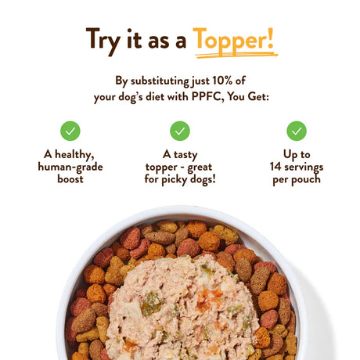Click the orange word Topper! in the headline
pyautogui.click(x=233, y=40)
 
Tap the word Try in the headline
pyautogui.click(x=103, y=41)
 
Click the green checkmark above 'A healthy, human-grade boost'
pyautogui.click(x=70, y=131)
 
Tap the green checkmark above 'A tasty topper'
pyautogui.click(x=180, y=131)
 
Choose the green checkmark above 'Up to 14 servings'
pyautogui.click(x=297, y=131)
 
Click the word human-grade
pyautogui.click(x=70, y=167)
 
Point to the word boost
pyautogui.click(x=70, y=179)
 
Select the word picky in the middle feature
pyautogui.click(x=175, y=180)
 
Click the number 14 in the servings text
pyautogui.click(x=275, y=167)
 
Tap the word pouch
pyautogui.click(x=308, y=179)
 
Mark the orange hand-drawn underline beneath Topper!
pyautogui.click(x=236, y=55)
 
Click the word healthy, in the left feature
pyautogui.click(x=74, y=154)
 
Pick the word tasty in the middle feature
pyautogui.click(x=185, y=155)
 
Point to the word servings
pyautogui.click(x=304, y=167)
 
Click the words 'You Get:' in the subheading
pyautogui.click(x=248, y=96)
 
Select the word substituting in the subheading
pyautogui.click(x=160, y=81)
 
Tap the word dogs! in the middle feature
pyautogui.click(x=203, y=180)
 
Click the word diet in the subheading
pyautogui.click(x=155, y=96)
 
